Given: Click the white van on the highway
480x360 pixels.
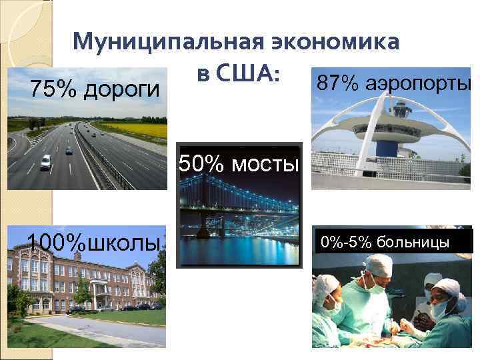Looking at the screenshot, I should (x=46, y=161).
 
